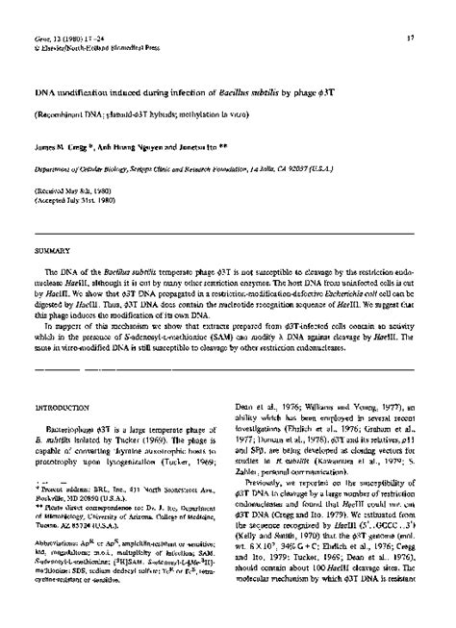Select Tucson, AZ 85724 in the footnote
point(77,528)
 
